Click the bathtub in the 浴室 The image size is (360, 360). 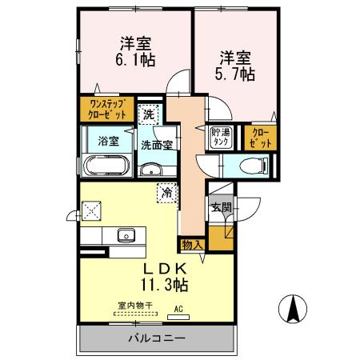tap(106, 167)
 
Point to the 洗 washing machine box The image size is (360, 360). tap(148, 114)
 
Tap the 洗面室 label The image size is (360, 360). tap(157, 145)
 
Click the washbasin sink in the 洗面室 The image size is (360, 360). tap(150, 170)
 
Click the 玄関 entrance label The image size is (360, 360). tap(219, 206)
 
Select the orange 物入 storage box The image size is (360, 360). tap(192, 243)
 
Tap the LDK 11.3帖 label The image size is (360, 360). tap(166, 275)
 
